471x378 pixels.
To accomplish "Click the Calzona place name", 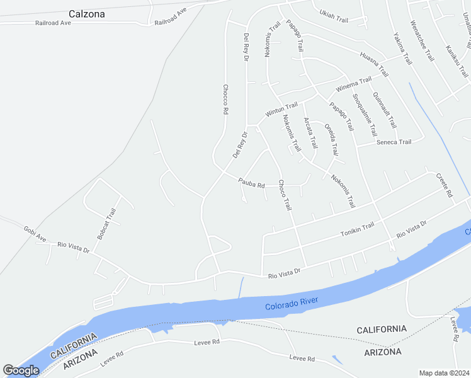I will point(87,13).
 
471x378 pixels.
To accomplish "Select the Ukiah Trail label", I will point(334,16).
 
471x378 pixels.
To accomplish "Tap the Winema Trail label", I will point(354,83).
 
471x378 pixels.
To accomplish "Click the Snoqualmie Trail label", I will point(365,115).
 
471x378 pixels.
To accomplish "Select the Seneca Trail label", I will point(394,142).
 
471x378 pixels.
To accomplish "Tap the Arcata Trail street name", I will point(310,132).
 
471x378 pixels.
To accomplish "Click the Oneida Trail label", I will point(331,139).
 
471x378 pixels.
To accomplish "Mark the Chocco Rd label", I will point(225,100).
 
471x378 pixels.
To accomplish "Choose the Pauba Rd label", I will point(251,183).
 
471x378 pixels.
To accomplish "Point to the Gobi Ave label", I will point(35,234).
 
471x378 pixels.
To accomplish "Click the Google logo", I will point(21,370).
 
